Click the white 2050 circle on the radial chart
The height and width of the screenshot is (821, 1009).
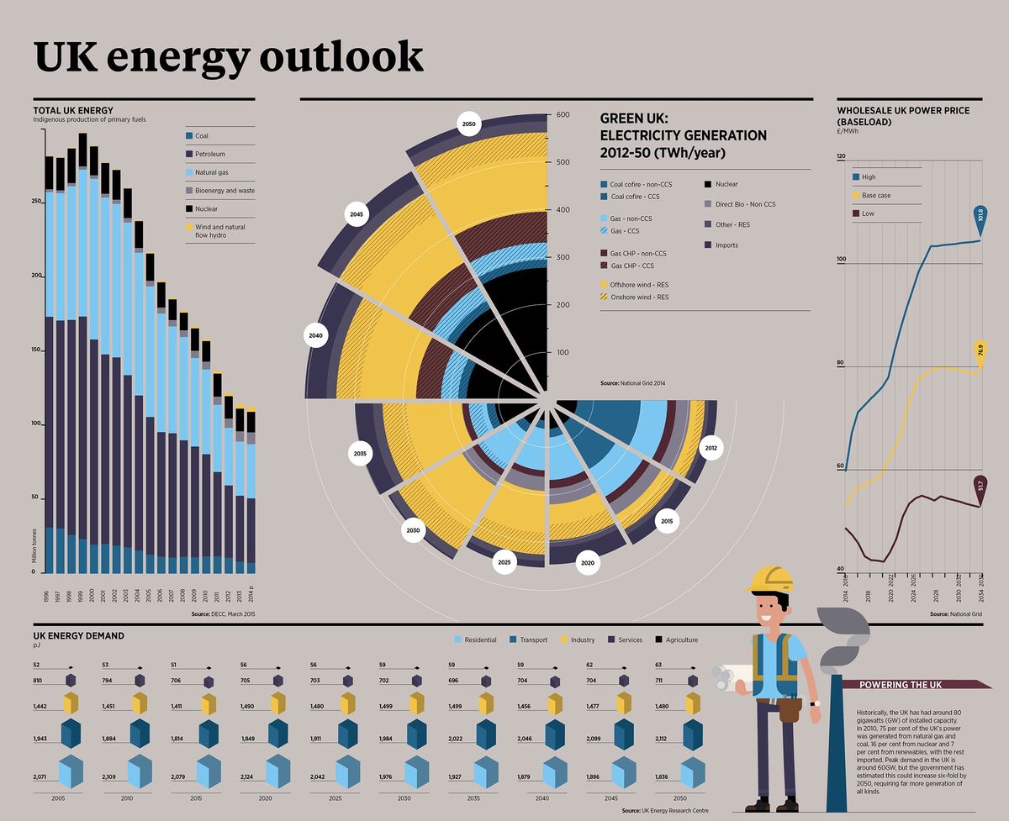click(x=468, y=124)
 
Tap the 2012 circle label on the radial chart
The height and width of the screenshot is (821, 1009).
click(x=712, y=448)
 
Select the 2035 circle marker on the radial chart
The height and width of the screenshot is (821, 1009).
click(x=361, y=454)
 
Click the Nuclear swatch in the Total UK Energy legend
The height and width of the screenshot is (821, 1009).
click(x=189, y=208)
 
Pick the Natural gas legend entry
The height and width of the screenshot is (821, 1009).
click(x=213, y=172)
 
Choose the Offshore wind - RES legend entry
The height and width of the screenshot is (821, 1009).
click(x=635, y=285)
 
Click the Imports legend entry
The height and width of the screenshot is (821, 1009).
click(x=726, y=245)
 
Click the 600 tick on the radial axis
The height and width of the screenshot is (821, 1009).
click(x=562, y=115)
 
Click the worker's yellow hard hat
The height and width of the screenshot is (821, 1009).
click(x=770, y=579)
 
